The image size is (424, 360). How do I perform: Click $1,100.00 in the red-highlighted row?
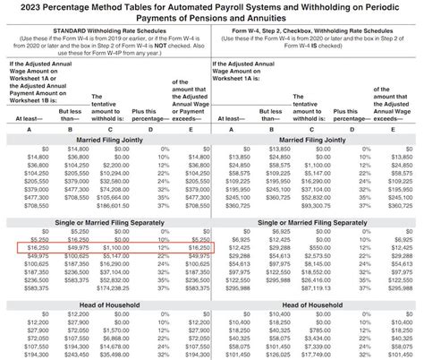point(116,244)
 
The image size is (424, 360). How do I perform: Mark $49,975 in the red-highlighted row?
point(75,244)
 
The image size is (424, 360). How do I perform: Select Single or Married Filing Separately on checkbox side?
point(317,220)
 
